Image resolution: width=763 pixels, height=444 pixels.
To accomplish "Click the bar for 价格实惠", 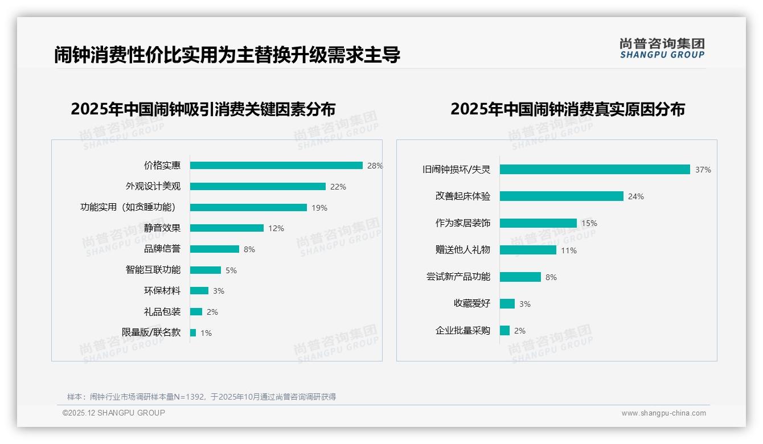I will pyautogui.click(x=276, y=166).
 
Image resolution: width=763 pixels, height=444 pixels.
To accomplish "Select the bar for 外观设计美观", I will pyautogui.click(x=258, y=187).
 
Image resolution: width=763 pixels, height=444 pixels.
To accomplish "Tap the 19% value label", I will pyautogui.click(x=319, y=208).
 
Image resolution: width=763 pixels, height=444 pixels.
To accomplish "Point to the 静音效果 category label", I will pyautogui.click(x=162, y=228).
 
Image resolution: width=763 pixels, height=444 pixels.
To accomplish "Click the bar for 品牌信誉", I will pyautogui.click(x=215, y=249).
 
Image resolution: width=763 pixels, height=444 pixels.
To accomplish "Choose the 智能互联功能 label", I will pyautogui.click(x=153, y=270).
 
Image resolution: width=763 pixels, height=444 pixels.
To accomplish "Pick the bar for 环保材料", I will pyautogui.click(x=199, y=291).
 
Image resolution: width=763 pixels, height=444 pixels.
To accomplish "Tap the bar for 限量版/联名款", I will pyautogui.click(x=193, y=332).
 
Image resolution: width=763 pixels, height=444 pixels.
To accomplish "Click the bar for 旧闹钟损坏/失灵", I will pyautogui.click(x=595, y=170).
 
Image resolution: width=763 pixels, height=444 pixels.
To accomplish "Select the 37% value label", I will pyautogui.click(x=703, y=170).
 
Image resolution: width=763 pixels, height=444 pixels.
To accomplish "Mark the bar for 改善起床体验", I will pyautogui.click(x=561, y=196).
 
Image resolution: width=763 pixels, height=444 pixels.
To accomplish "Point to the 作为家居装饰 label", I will pyautogui.click(x=463, y=223).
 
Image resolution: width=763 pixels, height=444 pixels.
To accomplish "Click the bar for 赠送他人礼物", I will pyautogui.click(x=528, y=250).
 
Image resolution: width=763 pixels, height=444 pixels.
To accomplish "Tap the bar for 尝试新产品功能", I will pyautogui.click(x=520, y=277).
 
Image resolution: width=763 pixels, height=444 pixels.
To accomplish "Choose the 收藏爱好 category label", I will pyautogui.click(x=472, y=303).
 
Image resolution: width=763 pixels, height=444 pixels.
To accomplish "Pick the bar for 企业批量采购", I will pyautogui.click(x=504, y=330).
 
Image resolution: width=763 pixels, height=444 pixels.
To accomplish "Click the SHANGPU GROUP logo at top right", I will pyautogui.click(x=662, y=48).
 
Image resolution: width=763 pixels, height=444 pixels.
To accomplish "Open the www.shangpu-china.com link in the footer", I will pyautogui.click(x=663, y=413).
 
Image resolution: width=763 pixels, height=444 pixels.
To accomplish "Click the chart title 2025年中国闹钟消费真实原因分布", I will pyautogui.click(x=568, y=109).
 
